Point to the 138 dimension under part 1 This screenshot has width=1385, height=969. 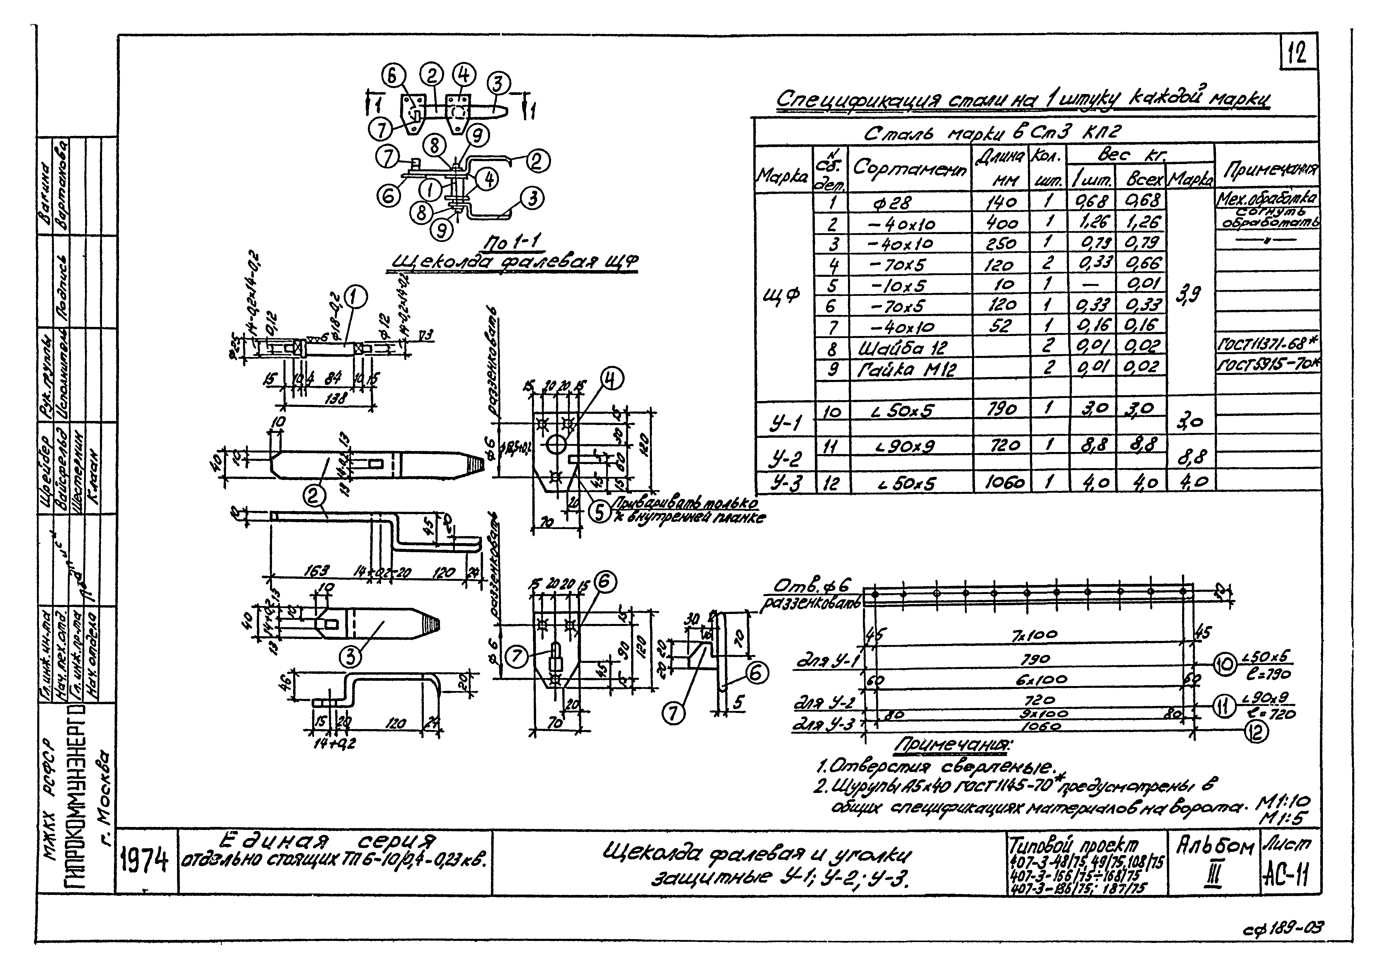click(336, 399)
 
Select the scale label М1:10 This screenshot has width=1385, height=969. click(1284, 803)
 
